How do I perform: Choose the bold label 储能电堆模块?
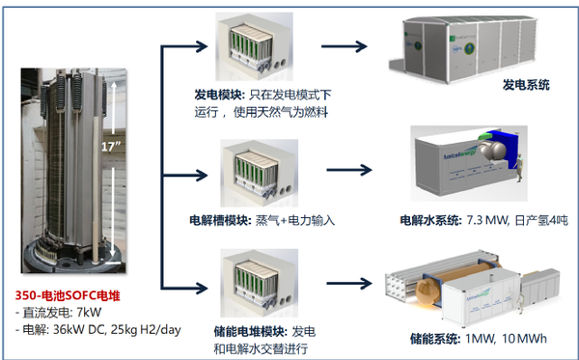[233, 330]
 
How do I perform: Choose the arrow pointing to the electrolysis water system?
[346, 170]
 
